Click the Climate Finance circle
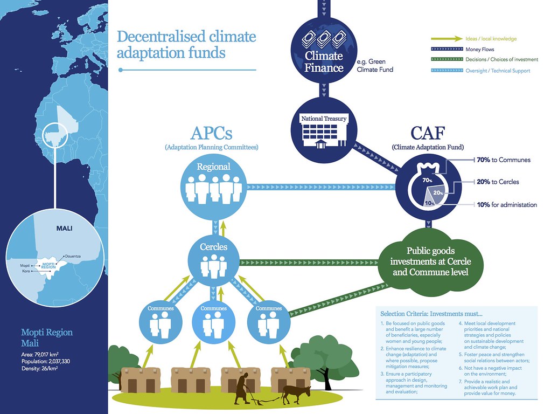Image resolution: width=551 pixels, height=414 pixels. (x=324, y=53)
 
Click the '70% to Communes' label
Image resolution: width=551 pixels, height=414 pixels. (x=504, y=160)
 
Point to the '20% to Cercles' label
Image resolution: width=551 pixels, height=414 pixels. (x=498, y=182)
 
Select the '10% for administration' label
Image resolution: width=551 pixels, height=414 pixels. (x=506, y=205)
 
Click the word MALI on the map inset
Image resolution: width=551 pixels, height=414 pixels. (x=64, y=229)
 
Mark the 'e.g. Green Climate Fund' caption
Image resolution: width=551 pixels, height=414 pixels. (x=375, y=65)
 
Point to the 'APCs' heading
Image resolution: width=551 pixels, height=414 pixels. (x=211, y=133)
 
